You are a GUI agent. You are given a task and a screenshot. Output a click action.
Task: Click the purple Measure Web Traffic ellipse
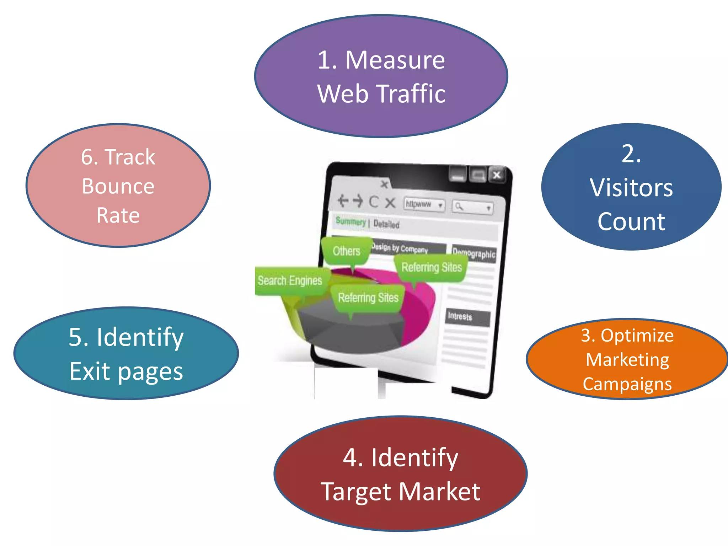click(381, 76)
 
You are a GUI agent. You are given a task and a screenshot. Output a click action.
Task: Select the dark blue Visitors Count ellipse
click(631, 187)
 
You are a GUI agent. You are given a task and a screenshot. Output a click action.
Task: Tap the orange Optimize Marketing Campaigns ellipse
click(627, 359)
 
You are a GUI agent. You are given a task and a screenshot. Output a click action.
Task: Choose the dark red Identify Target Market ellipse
click(400, 473)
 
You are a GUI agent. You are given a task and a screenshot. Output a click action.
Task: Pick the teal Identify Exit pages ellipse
click(126, 353)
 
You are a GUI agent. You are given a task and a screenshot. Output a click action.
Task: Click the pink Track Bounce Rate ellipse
click(118, 186)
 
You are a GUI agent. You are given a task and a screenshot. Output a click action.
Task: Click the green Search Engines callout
click(290, 280)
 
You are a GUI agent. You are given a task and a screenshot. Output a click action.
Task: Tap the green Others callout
click(346, 251)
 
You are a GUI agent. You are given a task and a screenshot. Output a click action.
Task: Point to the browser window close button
click(497, 175)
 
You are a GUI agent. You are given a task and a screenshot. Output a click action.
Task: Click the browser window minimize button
click(458, 174)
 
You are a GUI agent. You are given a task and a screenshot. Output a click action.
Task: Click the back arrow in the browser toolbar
click(343, 201)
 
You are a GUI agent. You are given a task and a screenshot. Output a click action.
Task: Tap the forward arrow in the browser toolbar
click(358, 201)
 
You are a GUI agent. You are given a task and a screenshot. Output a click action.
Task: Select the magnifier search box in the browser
click(473, 207)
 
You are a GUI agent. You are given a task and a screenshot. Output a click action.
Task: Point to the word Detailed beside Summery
click(386, 224)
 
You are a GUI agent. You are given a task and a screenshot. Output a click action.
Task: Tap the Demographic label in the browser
click(474, 253)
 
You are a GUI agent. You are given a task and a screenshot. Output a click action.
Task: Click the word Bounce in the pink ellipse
click(118, 186)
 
